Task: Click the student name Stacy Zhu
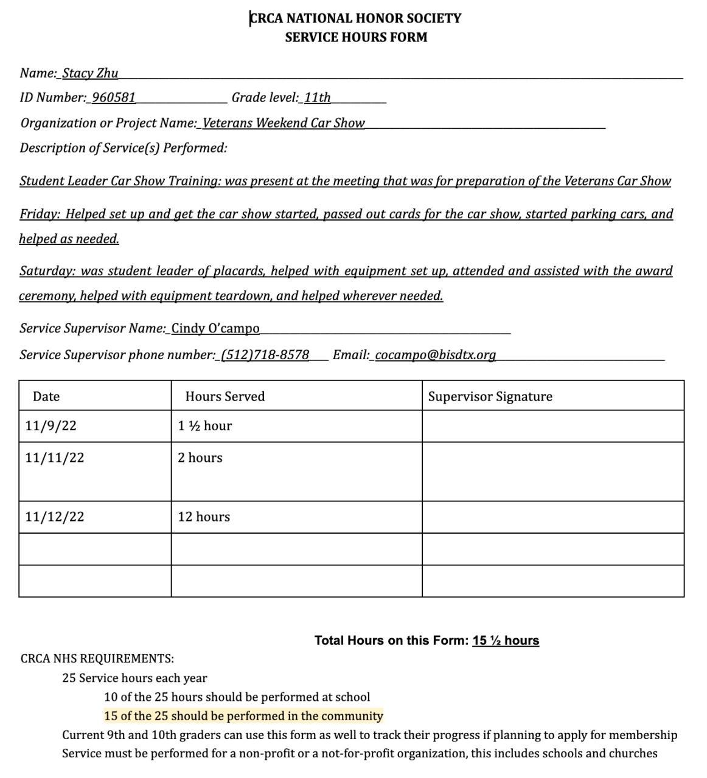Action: pyautogui.click(x=90, y=73)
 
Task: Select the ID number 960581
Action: pyautogui.click(x=114, y=97)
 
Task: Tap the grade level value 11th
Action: pyautogui.click(x=317, y=97)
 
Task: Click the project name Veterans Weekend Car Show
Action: pyautogui.click(x=284, y=123)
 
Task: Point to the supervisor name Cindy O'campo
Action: pyautogui.click(x=215, y=328)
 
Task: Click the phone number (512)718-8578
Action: pyautogui.click(x=265, y=354)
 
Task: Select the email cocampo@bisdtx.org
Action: pyautogui.click(x=435, y=354)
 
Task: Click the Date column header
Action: pyautogui.click(x=46, y=396)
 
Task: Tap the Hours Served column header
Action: pyautogui.click(x=225, y=396)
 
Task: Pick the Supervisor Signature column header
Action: pyautogui.click(x=490, y=396)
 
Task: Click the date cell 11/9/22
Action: pyautogui.click(x=51, y=425)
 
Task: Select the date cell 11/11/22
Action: pyautogui.click(x=55, y=458)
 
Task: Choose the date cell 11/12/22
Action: pyautogui.click(x=55, y=517)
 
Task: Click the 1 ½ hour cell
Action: pyautogui.click(x=205, y=425)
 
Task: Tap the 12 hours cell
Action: pyautogui.click(x=204, y=517)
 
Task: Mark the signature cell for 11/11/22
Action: pyautogui.click(x=552, y=471)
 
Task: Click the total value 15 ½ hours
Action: pyautogui.click(x=506, y=640)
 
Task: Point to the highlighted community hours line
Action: pyautogui.click(x=243, y=715)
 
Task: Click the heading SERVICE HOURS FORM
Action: pyautogui.click(x=356, y=37)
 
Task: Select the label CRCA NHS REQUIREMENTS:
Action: pyautogui.click(x=97, y=658)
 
